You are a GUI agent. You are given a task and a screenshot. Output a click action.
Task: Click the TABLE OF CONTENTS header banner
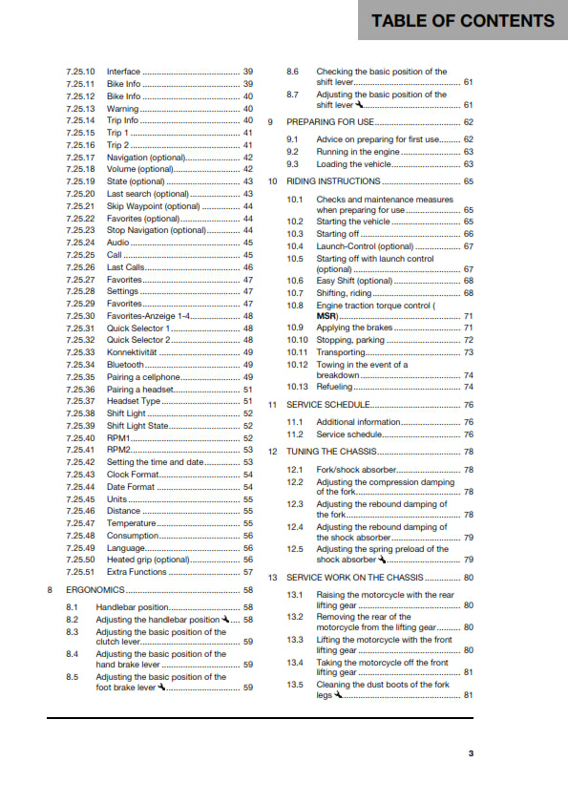(x=463, y=20)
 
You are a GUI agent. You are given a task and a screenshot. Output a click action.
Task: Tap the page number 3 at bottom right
(x=471, y=753)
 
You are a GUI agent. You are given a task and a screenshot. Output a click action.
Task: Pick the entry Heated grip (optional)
(x=148, y=560)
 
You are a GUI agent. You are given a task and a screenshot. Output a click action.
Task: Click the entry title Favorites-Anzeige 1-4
(x=153, y=315)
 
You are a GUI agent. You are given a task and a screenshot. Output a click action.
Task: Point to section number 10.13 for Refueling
(x=298, y=387)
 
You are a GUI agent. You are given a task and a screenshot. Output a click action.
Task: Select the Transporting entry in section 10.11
(x=341, y=352)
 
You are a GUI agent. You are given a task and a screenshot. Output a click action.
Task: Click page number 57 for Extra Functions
(x=248, y=572)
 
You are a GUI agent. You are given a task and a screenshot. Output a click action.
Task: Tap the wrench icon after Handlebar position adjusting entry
(x=224, y=620)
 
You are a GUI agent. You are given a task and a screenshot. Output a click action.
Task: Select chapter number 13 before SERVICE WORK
(x=272, y=578)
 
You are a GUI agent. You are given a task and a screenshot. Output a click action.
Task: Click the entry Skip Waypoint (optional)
(x=153, y=206)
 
